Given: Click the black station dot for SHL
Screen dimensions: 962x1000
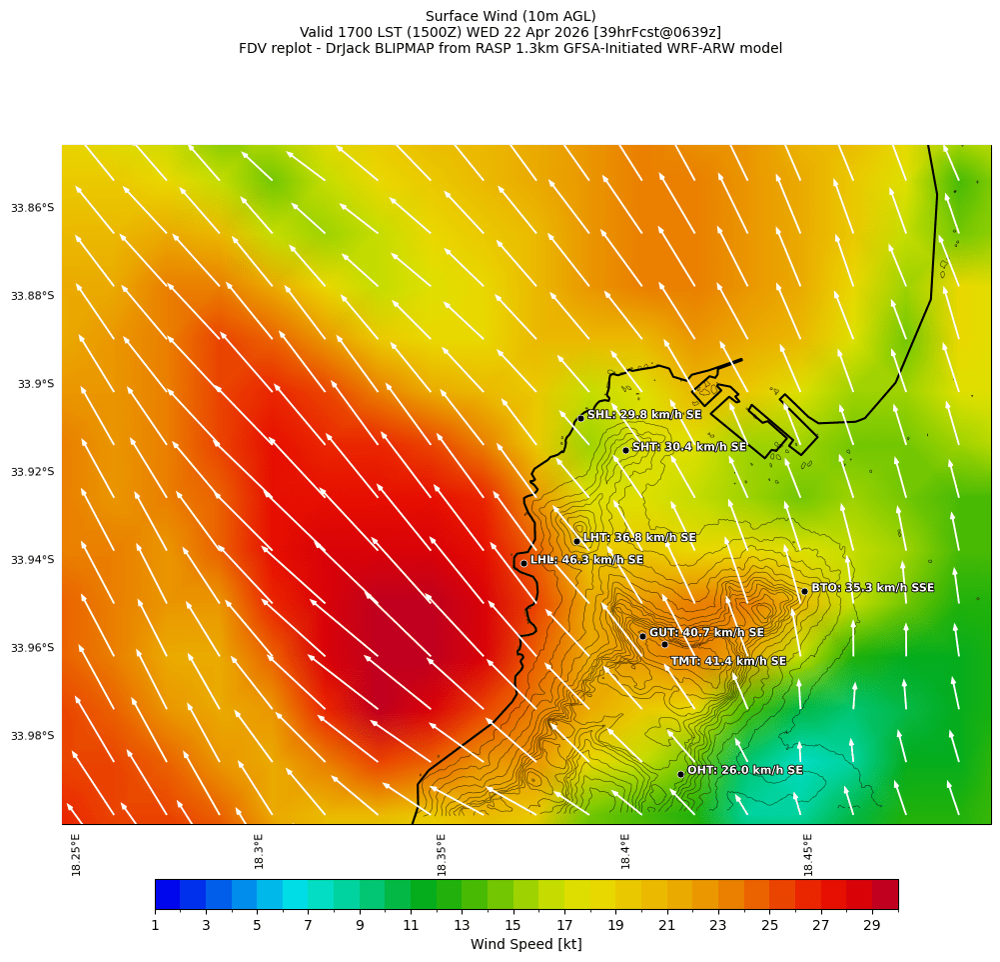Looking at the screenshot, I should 580,418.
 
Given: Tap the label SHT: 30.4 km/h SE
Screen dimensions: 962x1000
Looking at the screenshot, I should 689,447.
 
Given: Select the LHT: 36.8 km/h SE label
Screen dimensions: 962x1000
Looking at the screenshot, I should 639,538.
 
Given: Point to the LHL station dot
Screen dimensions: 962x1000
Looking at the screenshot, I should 523,563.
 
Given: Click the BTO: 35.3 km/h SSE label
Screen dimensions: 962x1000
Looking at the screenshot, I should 872,588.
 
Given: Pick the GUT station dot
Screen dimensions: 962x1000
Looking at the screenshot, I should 642,636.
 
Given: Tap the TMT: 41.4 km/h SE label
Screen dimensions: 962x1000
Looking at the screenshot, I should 728,661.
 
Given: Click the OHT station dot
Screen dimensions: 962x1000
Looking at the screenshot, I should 680,774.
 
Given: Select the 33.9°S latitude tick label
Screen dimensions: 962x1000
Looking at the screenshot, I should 35,384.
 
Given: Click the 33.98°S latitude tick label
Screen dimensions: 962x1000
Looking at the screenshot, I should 32,736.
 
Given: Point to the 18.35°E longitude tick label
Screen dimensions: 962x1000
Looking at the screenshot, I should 442,854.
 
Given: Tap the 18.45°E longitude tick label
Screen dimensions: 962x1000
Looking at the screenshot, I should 808,854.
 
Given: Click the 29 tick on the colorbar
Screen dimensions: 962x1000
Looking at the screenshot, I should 872,926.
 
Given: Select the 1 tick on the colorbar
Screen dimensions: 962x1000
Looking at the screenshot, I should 155,926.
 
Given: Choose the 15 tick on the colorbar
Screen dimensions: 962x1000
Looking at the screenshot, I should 513,926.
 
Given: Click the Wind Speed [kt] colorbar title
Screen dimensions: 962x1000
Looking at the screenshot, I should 525,944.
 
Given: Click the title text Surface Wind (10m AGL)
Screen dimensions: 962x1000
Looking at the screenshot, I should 510,16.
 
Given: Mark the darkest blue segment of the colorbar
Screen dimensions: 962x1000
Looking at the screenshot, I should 167,894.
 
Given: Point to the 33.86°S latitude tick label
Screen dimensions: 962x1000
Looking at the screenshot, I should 32,208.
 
